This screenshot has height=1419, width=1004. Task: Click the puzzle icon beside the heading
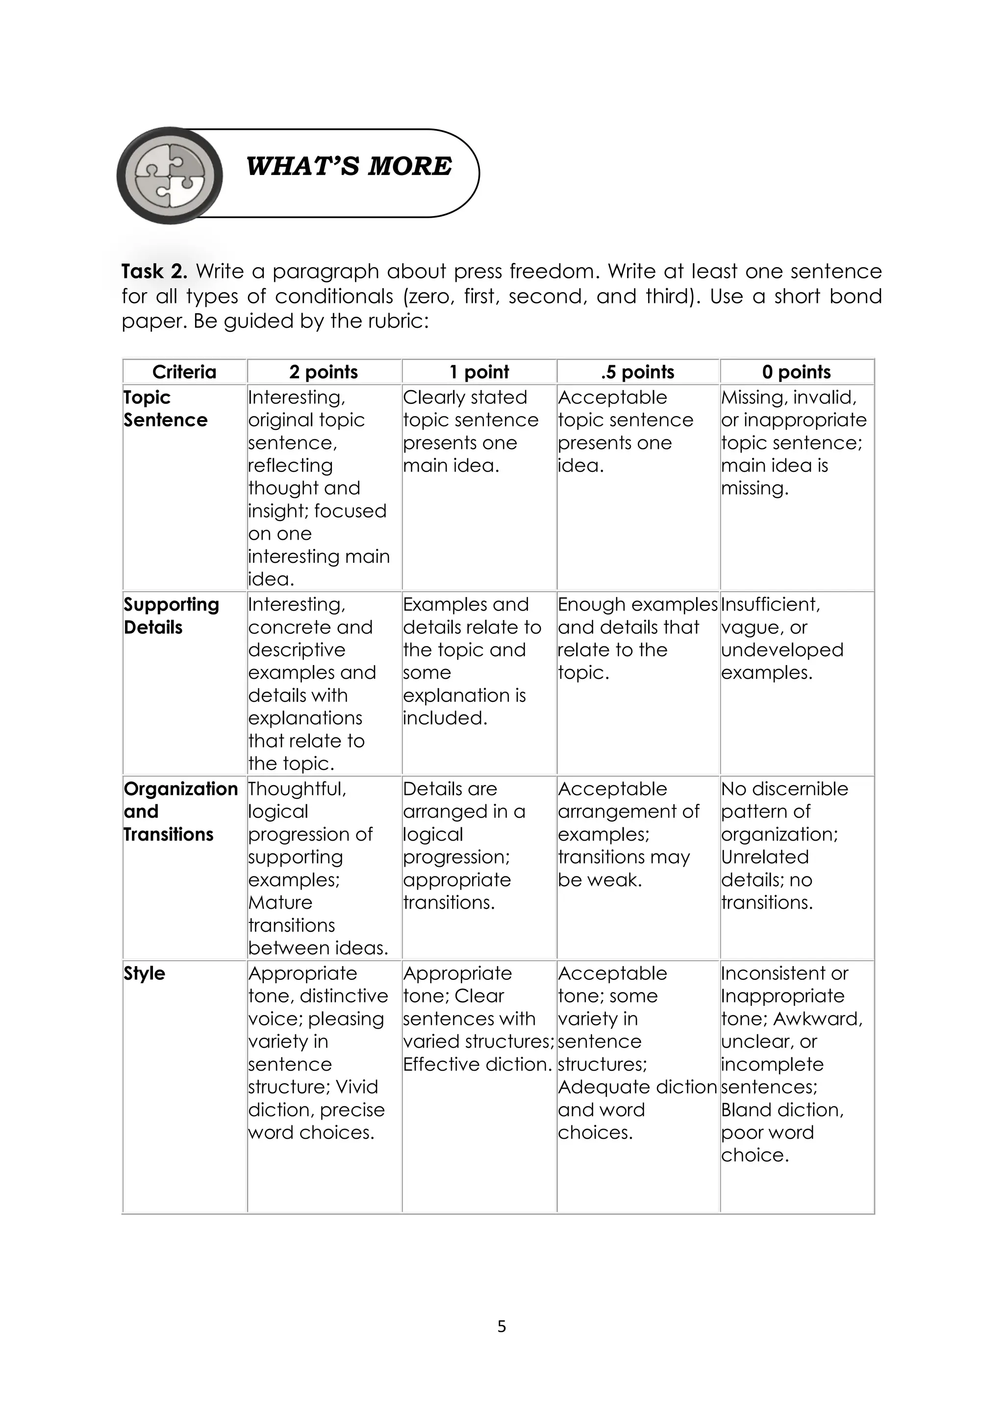[x=170, y=175]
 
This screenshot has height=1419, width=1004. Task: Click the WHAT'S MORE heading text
[x=349, y=167]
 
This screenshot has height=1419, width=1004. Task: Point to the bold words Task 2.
[x=154, y=272]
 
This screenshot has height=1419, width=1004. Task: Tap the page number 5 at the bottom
[x=502, y=1326]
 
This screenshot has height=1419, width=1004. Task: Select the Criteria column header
[x=184, y=372]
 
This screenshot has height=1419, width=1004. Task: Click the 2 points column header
[x=324, y=372]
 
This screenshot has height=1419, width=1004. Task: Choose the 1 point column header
[x=478, y=372]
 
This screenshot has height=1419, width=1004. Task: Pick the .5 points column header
[x=637, y=372]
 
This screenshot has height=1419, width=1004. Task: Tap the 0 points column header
[x=796, y=372]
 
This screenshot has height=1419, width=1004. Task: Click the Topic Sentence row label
[x=165, y=408]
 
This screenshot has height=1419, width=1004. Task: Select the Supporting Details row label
[x=171, y=616]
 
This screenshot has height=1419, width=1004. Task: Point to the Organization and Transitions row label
[x=180, y=812]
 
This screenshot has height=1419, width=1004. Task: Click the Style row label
[x=144, y=973]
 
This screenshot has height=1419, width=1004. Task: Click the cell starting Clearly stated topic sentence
[x=471, y=431]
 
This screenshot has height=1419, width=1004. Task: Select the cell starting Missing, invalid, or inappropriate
[x=793, y=443]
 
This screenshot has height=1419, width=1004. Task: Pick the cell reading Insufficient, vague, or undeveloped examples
[x=782, y=638]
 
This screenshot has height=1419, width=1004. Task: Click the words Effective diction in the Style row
[x=477, y=1064]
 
